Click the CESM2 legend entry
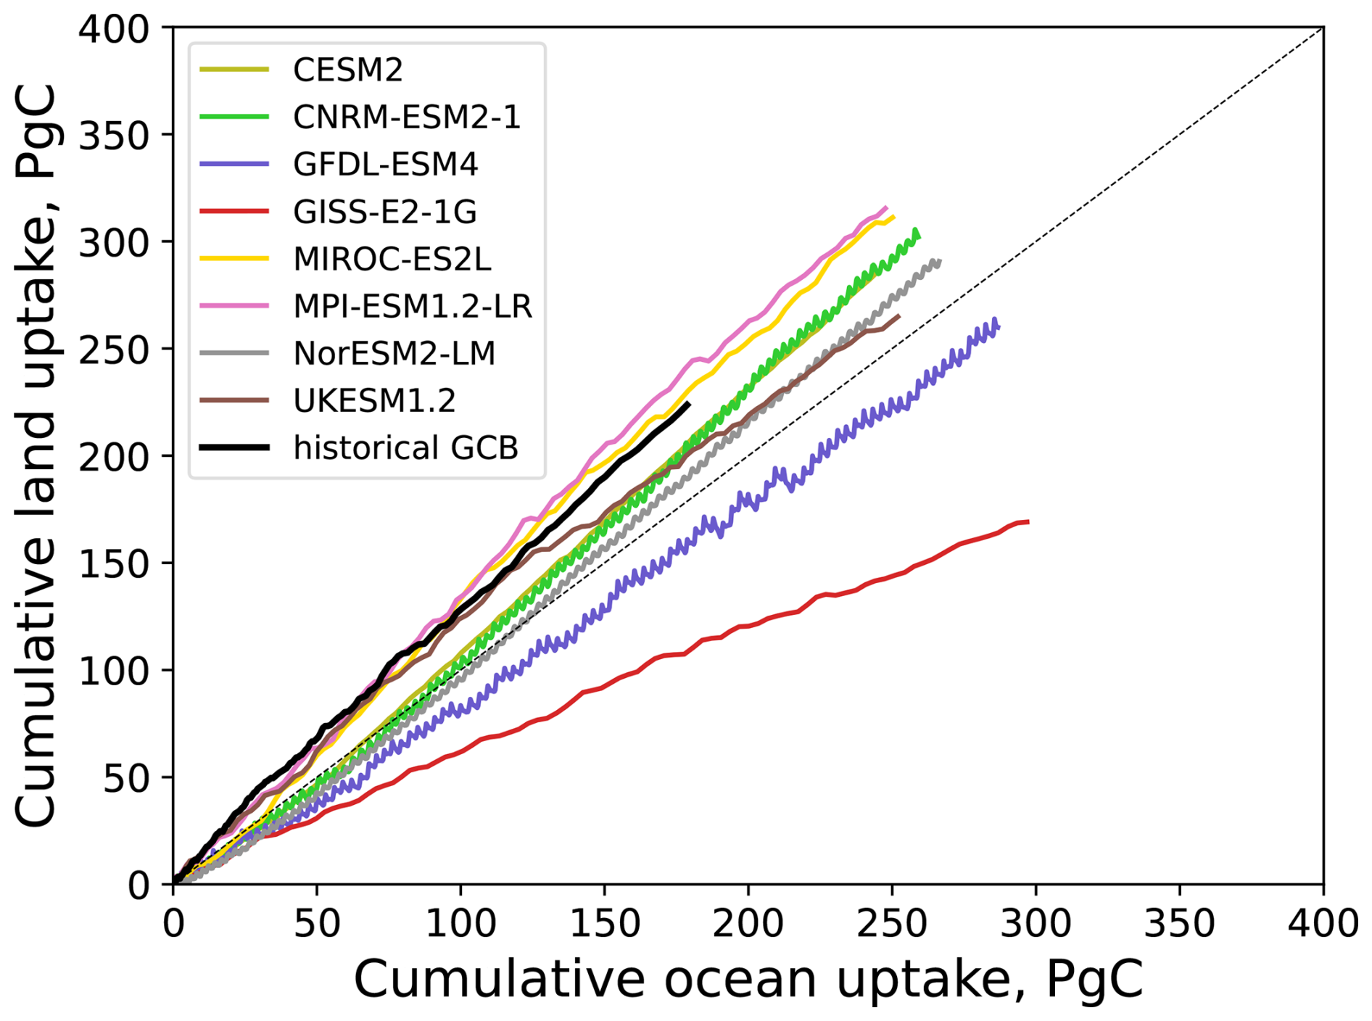(347, 70)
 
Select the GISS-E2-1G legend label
(384, 212)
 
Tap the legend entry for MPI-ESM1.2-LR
(412, 306)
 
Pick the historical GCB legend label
(405, 447)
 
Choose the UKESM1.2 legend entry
(374, 400)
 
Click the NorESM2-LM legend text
(394, 353)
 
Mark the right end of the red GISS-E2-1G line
(1028, 522)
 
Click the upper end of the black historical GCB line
(688, 403)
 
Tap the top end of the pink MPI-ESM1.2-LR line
(886, 207)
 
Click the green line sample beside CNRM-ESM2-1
(234, 117)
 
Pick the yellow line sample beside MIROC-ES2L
(234, 259)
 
